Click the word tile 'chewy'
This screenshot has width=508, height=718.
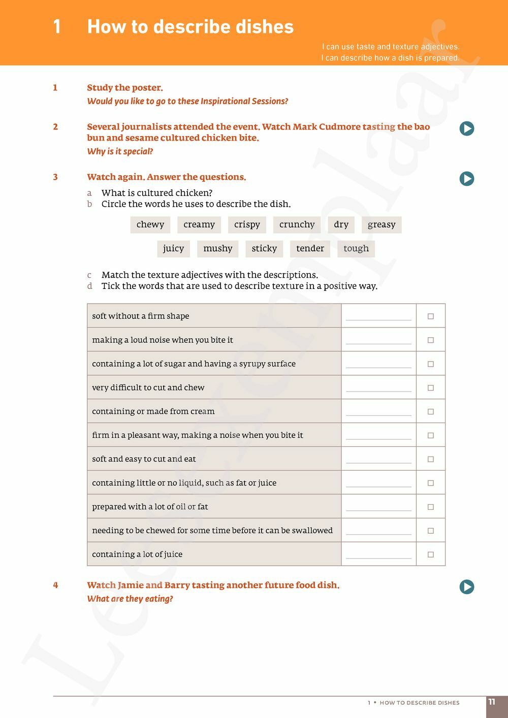pyautogui.click(x=150, y=224)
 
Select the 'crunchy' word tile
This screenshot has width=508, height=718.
pyautogui.click(x=297, y=224)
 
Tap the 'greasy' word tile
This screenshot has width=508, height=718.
pyautogui.click(x=382, y=224)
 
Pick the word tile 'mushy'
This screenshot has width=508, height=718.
pyautogui.click(x=218, y=248)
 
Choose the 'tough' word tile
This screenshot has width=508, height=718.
pyautogui.click(x=356, y=248)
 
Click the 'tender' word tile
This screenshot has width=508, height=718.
pyautogui.click(x=310, y=248)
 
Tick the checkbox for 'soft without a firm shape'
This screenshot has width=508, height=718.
pyautogui.click(x=431, y=316)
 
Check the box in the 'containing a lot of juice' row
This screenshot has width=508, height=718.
pyautogui.click(x=431, y=554)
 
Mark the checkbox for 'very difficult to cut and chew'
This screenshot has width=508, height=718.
pyautogui.click(x=431, y=388)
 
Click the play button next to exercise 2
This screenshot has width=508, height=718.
pyautogui.click(x=467, y=128)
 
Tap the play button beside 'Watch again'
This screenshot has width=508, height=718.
pyautogui.click(x=467, y=179)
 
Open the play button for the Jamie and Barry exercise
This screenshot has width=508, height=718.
pyautogui.click(x=467, y=587)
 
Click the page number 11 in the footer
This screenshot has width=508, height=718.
pyautogui.click(x=492, y=702)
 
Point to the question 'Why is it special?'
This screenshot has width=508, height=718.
pyautogui.click(x=120, y=151)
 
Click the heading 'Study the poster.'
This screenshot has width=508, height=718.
pyautogui.click(x=125, y=88)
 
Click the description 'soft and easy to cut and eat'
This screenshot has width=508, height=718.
pyautogui.click(x=144, y=459)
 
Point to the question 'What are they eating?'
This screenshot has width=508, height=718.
pyautogui.click(x=130, y=599)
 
